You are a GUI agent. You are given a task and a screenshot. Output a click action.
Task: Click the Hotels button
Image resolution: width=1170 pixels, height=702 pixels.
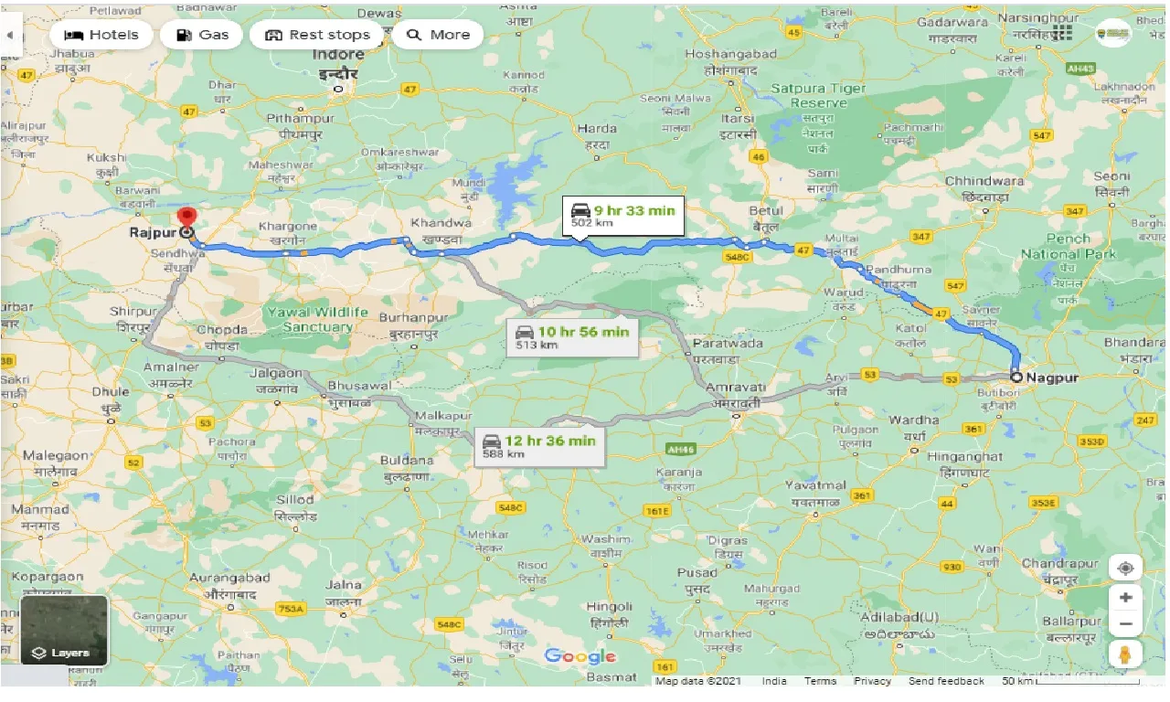click(x=101, y=35)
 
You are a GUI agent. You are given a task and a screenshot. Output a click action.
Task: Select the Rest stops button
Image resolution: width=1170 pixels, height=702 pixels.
click(x=317, y=35)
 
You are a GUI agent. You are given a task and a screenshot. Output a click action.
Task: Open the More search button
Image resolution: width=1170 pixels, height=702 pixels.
click(x=438, y=35)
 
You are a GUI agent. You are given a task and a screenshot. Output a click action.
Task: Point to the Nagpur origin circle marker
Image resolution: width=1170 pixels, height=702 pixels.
click(x=1016, y=377)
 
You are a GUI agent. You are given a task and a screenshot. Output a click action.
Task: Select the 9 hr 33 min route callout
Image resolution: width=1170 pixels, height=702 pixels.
click(x=622, y=216)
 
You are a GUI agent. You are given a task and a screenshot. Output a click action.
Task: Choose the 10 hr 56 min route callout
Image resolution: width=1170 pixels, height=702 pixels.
click(x=572, y=337)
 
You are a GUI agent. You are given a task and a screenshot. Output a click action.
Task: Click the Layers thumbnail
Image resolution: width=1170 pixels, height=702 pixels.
click(x=64, y=631)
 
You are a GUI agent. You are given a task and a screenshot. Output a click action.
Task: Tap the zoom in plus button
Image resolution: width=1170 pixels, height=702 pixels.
click(x=1125, y=597)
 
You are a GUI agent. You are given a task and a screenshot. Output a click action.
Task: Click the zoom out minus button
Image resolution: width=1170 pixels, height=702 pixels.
click(x=1125, y=624)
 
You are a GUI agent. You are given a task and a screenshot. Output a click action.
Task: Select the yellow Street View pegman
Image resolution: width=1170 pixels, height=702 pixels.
click(x=1125, y=654)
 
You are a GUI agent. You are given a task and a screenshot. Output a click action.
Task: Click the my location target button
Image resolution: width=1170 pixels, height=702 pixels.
click(x=1125, y=568)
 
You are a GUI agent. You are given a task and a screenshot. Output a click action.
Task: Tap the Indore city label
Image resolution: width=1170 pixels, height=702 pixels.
click(x=338, y=55)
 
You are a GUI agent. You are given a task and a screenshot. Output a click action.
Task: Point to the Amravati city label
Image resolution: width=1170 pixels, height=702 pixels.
click(x=737, y=388)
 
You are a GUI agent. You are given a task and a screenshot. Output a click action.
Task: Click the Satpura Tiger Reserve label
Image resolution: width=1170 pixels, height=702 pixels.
click(x=818, y=95)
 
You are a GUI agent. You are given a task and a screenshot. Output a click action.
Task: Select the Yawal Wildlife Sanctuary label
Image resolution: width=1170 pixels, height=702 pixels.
click(x=317, y=319)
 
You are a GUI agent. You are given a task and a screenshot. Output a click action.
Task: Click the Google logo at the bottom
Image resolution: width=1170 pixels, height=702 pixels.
click(x=580, y=656)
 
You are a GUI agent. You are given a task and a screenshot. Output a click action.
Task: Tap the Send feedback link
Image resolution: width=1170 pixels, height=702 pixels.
click(x=946, y=681)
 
